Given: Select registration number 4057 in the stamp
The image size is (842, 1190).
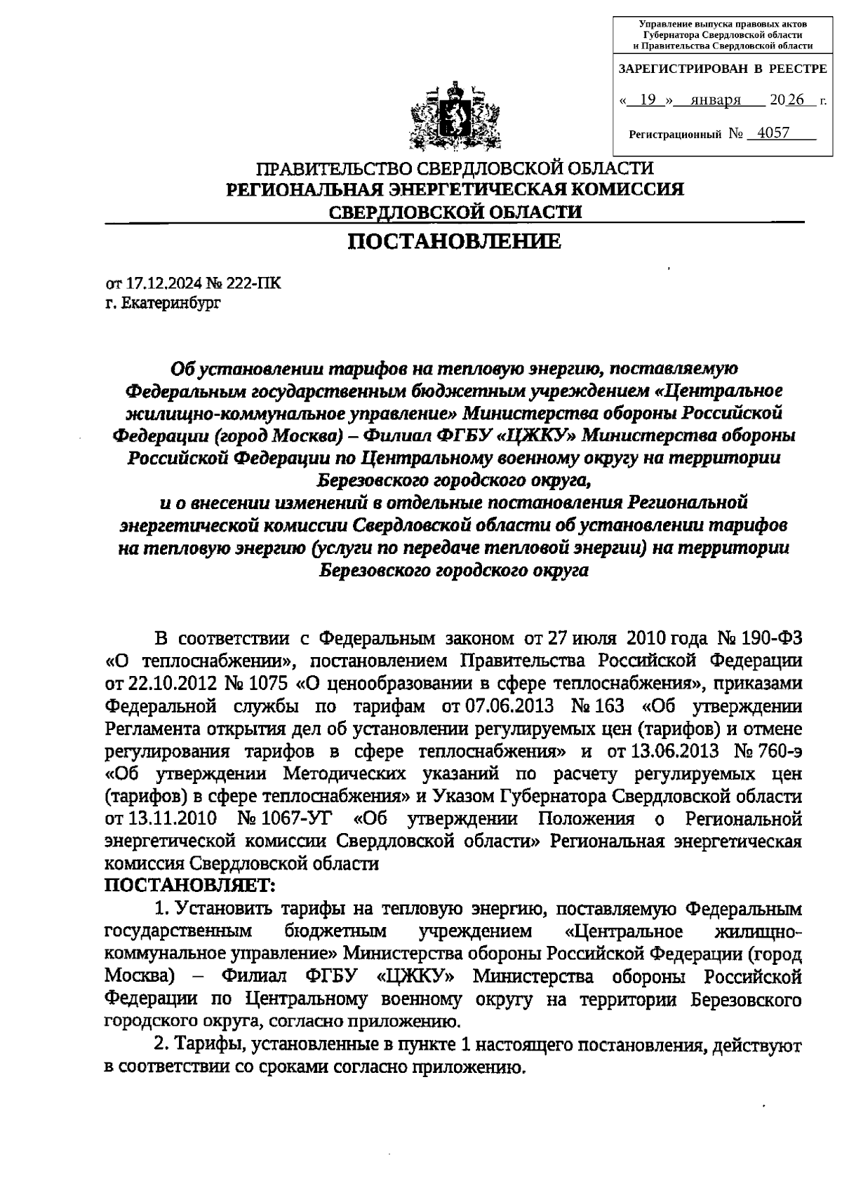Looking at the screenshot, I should click(770, 133).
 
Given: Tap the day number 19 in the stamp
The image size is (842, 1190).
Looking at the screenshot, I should click(648, 100).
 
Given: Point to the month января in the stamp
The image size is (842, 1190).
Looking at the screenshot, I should click(716, 100).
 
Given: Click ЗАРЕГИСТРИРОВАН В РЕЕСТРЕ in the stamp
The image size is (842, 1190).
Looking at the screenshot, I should click(722, 69).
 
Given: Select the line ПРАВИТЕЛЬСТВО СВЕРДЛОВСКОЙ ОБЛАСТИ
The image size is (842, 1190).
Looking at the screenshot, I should click(455, 169).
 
